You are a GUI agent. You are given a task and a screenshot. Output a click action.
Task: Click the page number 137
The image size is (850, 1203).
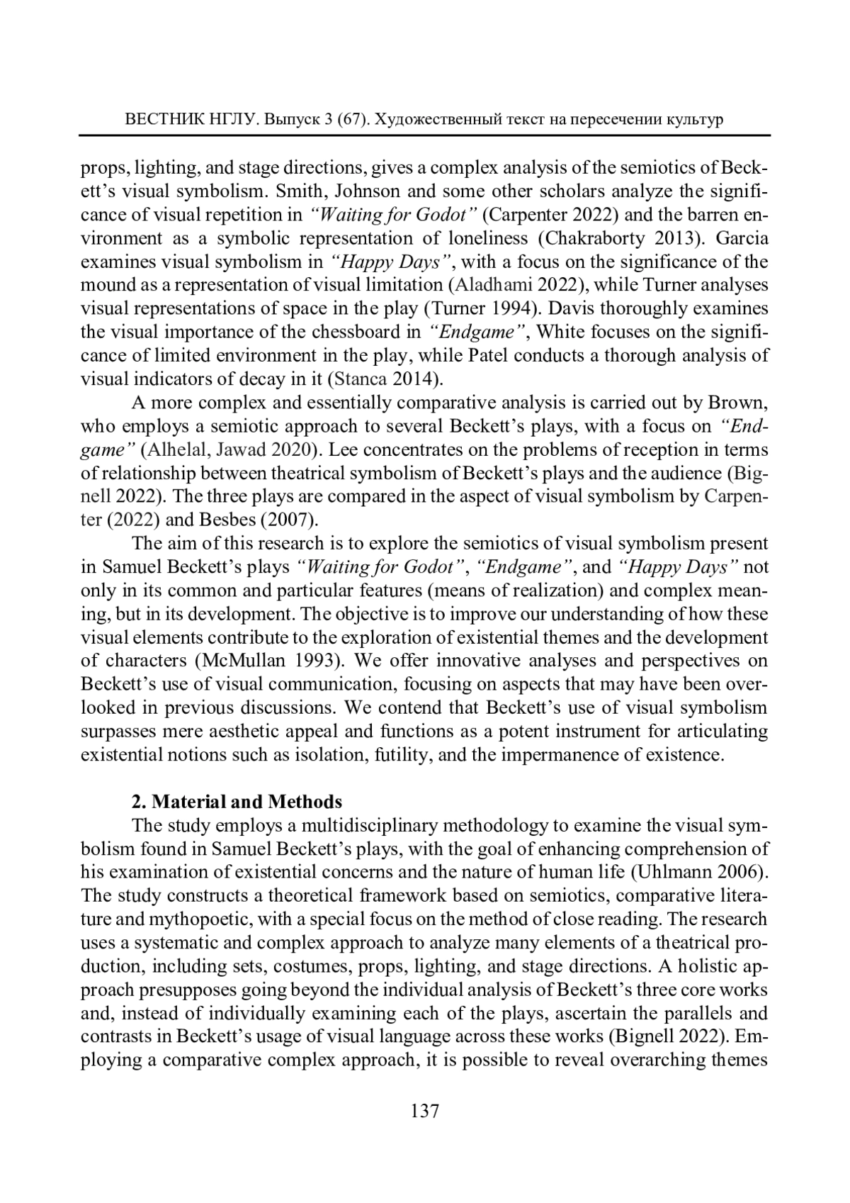tap(425, 1111)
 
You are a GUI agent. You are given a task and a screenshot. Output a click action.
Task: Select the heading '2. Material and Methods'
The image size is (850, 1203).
tap(237, 802)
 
